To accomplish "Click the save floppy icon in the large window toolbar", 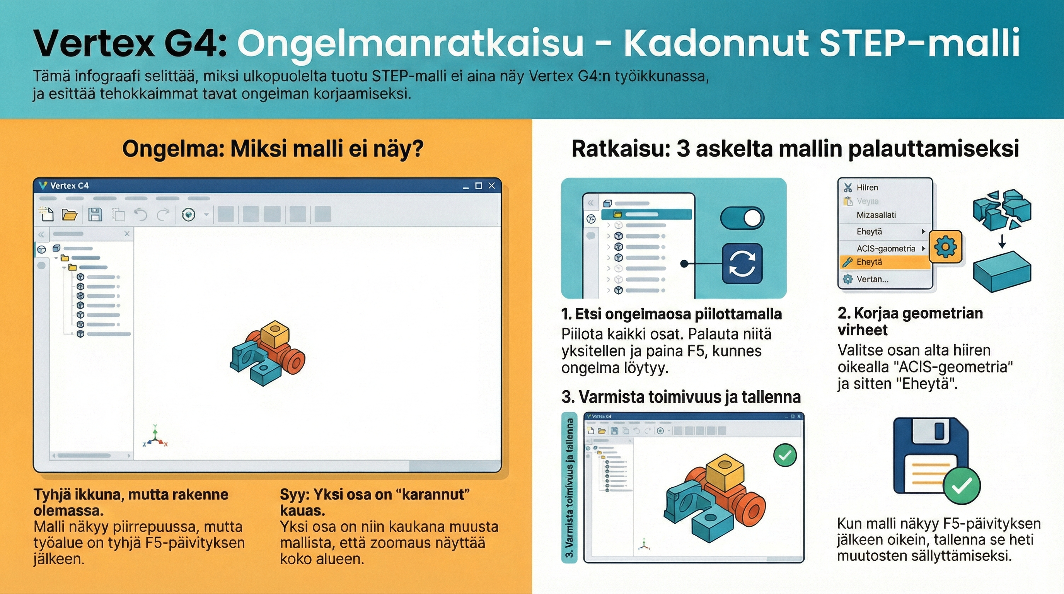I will [x=95, y=214].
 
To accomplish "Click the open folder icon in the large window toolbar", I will [x=70, y=214].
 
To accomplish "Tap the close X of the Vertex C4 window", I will [x=491, y=186].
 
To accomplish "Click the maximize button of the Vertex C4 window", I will [x=479, y=186].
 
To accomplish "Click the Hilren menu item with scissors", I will [x=867, y=188].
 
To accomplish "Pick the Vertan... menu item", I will [x=872, y=279].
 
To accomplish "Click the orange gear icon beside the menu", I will [x=945, y=247].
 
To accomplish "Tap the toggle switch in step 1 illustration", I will [x=742, y=218].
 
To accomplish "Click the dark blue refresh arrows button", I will [x=742, y=263].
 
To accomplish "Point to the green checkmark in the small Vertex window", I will [x=785, y=455].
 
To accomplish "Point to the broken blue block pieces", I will [x=1002, y=208].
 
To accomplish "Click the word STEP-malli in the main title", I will [x=919, y=43].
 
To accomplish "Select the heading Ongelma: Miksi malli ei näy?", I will [x=273, y=149].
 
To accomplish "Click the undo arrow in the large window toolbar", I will [x=141, y=214].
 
